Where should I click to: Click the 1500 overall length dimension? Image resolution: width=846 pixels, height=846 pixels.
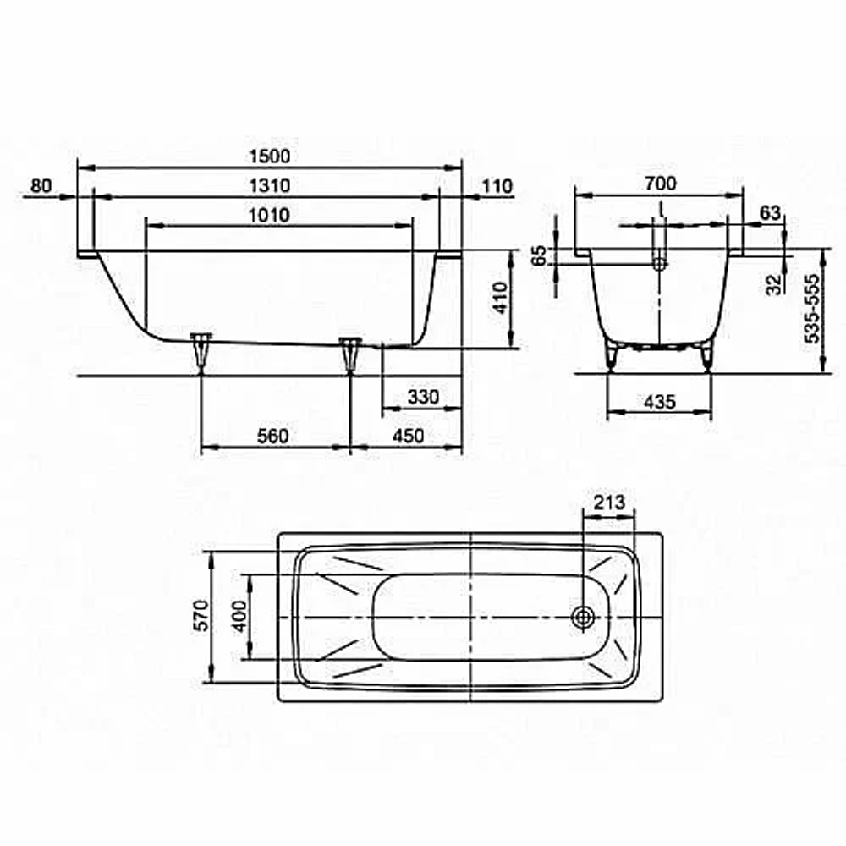pyautogui.click(x=270, y=157)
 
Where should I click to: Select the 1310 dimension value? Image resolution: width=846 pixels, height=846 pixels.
pyautogui.click(x=270, y=185)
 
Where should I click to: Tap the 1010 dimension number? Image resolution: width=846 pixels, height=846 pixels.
pyautogui.click(x=270, y=215)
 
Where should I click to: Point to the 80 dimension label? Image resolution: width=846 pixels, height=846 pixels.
pyautogui.click(x=41, y=185)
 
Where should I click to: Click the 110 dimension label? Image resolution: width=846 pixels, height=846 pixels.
pyautogui.click(x=497, y=186)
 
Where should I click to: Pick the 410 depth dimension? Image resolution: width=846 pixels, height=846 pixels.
pyautogui.click(x=501, y=298)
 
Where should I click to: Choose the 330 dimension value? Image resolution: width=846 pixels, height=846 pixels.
pyautogui.click(x=424, y=397)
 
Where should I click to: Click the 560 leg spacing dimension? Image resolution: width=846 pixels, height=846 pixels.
pyautogui.click(x=273, y=436)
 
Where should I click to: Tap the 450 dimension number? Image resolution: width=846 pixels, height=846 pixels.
pyautogui.click(x=408, y=436)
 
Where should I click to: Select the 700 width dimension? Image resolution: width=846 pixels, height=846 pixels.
pyautogui.click(x=661, y=184)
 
